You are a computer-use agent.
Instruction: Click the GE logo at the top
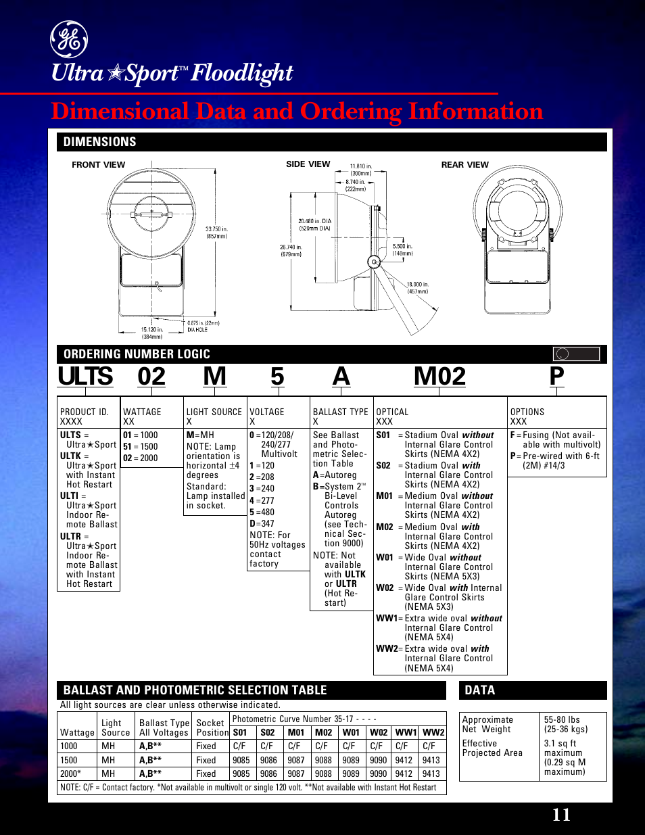[x=68, y=39]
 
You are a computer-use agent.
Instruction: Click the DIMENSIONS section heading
[x=99, y=142]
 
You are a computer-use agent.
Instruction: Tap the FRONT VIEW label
[x=98, y=164]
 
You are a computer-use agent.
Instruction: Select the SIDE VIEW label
[x=308, y=164]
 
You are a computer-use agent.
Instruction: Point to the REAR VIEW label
[x=464, y=164]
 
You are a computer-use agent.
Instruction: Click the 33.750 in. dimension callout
[x=216, y=233]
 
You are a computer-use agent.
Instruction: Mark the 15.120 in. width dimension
[x=152, y=333]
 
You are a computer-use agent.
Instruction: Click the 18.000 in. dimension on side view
[x=417, y=288]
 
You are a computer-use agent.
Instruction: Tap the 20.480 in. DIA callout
[x=314, y=224]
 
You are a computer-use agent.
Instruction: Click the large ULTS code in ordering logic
[x=85, y=377]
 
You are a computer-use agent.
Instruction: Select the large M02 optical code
[x=439, y=377]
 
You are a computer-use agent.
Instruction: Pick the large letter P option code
[x=556, y=377]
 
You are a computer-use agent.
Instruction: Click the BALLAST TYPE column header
[x=340, y=412]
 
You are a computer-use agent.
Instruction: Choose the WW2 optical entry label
[x=387, y=648]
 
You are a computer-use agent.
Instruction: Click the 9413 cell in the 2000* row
[x=431, y=773]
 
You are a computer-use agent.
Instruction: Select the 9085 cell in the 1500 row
[x=241, y=760]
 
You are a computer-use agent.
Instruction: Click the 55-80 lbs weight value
[x=562, y=720]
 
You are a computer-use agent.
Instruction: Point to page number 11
[x=561, y=814]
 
